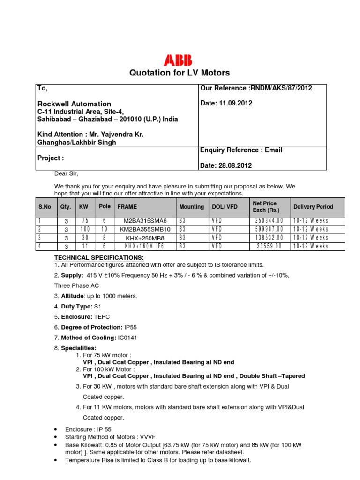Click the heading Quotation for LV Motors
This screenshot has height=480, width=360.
coord(180,73)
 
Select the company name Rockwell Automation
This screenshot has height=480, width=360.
coord(74,104)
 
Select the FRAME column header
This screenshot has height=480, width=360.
coord(127,207)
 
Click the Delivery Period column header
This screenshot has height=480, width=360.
coord(313,207)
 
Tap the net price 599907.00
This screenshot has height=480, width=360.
coord(269,229)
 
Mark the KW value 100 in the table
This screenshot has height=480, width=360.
coord(84,229)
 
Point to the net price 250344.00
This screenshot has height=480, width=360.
coord(269,221)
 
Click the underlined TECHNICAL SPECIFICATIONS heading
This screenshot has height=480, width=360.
coord(99,258)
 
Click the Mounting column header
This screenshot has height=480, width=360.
coord(191,207)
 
